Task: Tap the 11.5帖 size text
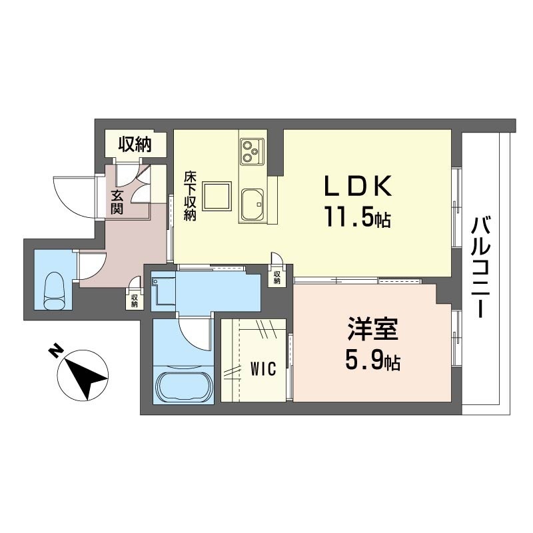coord(357,218)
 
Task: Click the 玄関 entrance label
coord(117,202)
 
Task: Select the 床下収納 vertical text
coord(190,197)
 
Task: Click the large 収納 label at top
coord(134,143)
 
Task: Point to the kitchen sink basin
coord(253,203)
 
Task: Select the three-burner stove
coord(252,151)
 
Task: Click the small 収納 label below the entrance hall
coord(134,300)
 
